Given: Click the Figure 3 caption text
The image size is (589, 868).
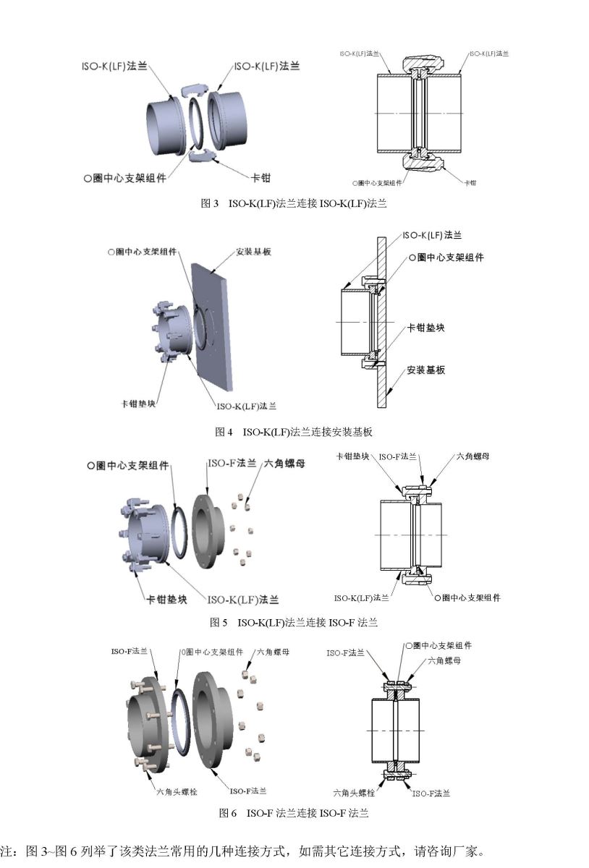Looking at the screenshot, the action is click(294, 203).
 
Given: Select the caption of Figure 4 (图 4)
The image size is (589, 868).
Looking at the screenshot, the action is click(294, 432).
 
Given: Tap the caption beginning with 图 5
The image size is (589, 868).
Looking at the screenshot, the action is click(294, 622).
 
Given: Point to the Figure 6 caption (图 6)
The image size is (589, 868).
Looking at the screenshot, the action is click(294, 813).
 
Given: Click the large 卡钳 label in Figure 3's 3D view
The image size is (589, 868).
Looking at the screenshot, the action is click(260, 178).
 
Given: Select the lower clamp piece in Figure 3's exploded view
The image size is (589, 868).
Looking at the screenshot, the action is click(202, 156).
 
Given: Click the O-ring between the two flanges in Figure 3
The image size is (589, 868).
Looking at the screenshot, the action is click(198, 123).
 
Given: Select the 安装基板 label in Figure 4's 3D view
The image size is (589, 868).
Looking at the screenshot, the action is click(253, 252).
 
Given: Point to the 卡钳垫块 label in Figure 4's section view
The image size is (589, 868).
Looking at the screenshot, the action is click(425, 328).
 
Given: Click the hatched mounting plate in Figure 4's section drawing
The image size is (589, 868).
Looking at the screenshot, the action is click(381, 323).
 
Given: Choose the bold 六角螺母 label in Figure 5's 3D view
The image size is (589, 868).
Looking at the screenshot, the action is click(284, 464).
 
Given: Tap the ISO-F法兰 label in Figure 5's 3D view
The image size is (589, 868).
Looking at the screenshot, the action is click(232, 463).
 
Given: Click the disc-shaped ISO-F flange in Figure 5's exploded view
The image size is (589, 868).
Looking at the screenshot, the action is click(208, 532).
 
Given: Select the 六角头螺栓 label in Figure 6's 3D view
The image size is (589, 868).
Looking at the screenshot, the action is click(177, 792).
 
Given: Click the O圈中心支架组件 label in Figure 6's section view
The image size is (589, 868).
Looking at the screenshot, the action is click(438, 645).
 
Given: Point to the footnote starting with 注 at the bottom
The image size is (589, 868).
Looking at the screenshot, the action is click(242, 851).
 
